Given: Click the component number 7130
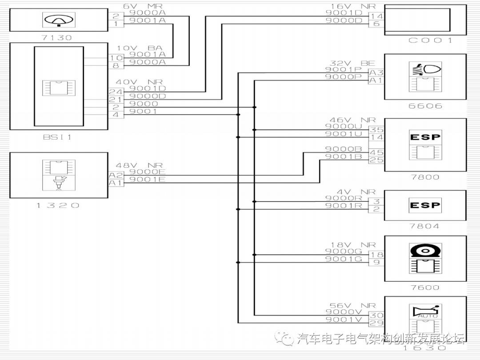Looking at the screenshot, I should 56,38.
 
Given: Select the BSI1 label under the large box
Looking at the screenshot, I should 57,137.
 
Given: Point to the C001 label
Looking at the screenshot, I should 430,40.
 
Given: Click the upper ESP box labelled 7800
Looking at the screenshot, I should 425,137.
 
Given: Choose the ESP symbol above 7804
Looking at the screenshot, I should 425,205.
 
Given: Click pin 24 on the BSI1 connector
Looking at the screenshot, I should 115,92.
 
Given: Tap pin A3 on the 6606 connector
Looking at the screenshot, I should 376,72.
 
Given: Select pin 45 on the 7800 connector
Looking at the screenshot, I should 376,152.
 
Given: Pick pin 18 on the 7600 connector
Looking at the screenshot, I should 376,255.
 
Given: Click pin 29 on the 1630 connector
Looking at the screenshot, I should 376,323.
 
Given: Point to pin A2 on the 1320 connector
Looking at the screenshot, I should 115,175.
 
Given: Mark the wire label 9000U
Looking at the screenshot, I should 344,126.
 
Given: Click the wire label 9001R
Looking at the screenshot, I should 344,206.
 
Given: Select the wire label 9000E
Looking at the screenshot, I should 147,172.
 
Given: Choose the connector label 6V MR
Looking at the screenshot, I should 142,6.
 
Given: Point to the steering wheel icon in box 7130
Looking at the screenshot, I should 59,20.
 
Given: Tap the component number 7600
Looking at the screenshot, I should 425,288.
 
